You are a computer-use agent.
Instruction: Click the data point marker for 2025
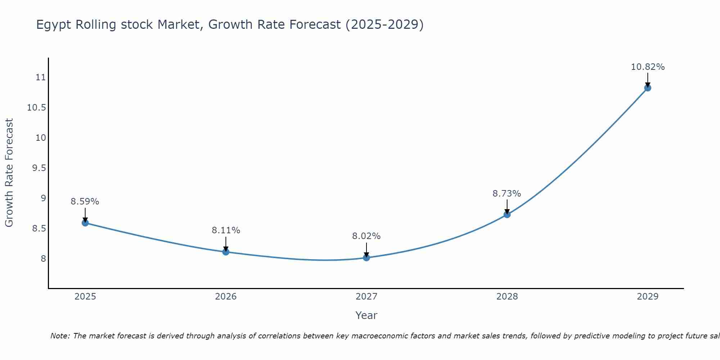pyautogui.click(x=85, y=223)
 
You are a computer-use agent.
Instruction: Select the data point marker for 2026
pyautogui.click(x=226, y=252)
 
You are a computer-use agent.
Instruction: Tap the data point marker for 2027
pyautogui.click(x=366, y=257)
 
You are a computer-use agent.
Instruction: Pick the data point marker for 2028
pyautogui.click(x=507, y=215)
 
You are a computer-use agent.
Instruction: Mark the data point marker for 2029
pyautogui.click(x=648, y=88)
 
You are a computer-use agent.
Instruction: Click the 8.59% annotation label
pyautogui.click(x=85, y=202)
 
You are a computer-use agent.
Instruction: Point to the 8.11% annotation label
pyautogui.click(x=226, y=230)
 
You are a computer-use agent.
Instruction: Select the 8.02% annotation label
pyautogui.click(x=366, y=236)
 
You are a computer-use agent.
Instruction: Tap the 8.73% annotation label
pyautogui.click(x=507, y=194)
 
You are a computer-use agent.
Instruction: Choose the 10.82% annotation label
pyautogui.click(x=648, y=67)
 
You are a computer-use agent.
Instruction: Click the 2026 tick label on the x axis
pyautogui.click(x=226, y=297)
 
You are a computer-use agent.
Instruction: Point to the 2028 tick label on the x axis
pyautogui.click(x=507, y=297)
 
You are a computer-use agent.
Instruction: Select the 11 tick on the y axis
pyautogui.click(x=41, y=77)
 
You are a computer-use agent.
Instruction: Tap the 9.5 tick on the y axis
pyautogui.click(x=39, y=168)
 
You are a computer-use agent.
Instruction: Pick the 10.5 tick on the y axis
pyautogui.click(x=37, y=108)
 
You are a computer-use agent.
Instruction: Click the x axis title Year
pyautogui.click(x=366, y=315)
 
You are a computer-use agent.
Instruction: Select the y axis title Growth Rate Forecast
pyautogui.click(x=9, y=173)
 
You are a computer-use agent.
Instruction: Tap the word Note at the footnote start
pyautogui.click(x=59, y=336)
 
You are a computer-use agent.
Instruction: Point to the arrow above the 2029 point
pyautogui.click(x=648, y=79)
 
